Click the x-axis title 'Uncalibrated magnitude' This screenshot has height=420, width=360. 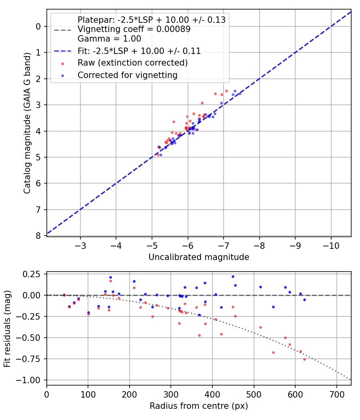199,257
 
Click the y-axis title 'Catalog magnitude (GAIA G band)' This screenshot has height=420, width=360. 27,131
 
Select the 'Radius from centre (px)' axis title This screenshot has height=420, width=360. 199,406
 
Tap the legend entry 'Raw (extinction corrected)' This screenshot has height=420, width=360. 132,63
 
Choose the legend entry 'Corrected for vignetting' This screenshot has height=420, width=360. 128,75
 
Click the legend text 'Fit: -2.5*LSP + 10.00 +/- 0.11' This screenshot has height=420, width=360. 139,51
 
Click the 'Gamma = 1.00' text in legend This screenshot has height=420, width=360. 109,39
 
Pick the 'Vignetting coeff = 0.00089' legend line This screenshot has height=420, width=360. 134,29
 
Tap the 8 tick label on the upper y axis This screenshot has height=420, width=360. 38,236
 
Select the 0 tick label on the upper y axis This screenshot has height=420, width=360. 38,26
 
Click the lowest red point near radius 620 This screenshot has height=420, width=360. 304,359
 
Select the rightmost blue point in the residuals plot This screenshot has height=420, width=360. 304,300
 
